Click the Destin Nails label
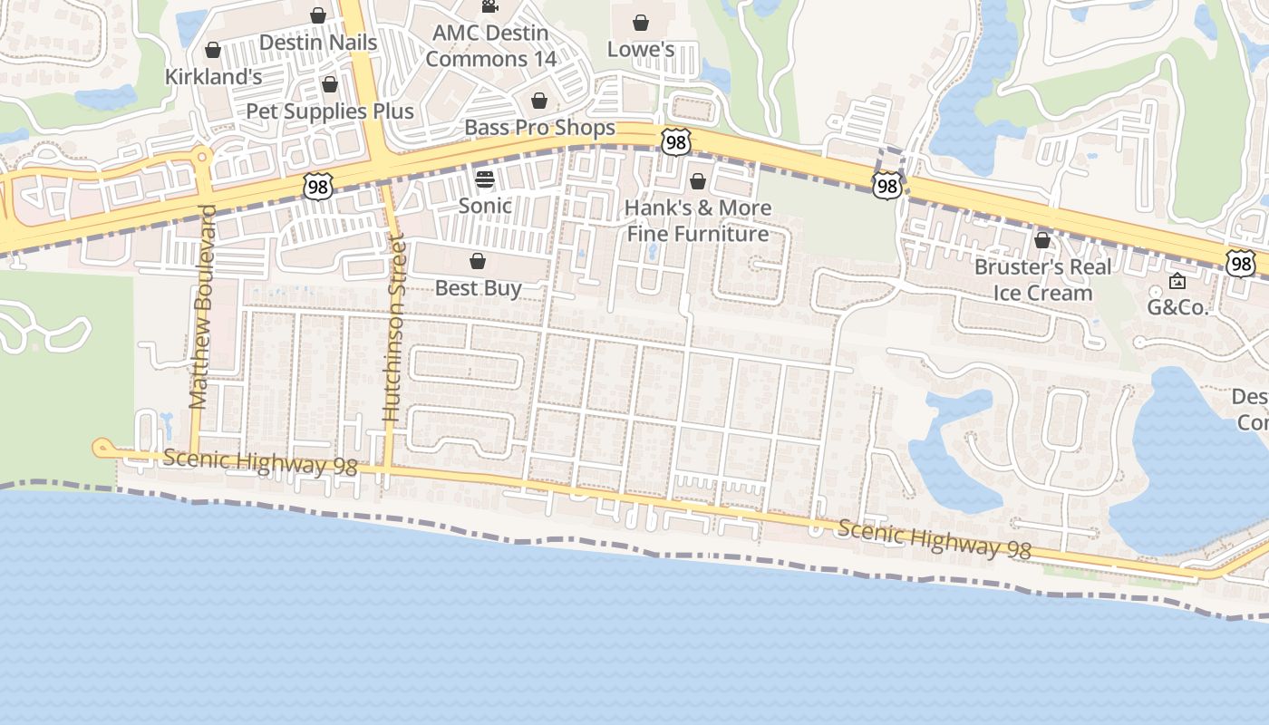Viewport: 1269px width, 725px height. tap(318, 43)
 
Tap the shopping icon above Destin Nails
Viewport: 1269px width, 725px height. tap(318, 15)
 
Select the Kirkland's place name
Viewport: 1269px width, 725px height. tap(213, 77)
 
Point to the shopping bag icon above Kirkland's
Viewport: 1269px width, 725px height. tap(213, 50)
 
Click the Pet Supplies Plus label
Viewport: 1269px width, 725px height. tap(330, 111)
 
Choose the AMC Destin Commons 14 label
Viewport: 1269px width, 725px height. tap(490, 45)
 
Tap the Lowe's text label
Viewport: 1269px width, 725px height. tap(641, 49)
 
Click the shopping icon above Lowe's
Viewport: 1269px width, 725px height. tap(641, 22)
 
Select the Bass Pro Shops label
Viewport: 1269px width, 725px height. tap(539, 128)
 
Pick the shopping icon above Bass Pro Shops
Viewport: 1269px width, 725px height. tap(539, 101)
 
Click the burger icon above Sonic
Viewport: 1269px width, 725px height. tap(485, 179)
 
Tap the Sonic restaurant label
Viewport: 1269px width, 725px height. tap(485, 206)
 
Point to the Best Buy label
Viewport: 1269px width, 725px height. tap(478, 288)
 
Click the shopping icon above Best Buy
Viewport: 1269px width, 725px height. tap(478, 262)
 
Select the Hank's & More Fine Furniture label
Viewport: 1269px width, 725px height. tap(698, 220)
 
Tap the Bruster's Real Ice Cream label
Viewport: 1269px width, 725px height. tap(1042, 280)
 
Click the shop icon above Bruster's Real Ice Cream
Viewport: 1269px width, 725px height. tap(1042, 240)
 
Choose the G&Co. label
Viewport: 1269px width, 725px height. tap(1177, 307)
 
